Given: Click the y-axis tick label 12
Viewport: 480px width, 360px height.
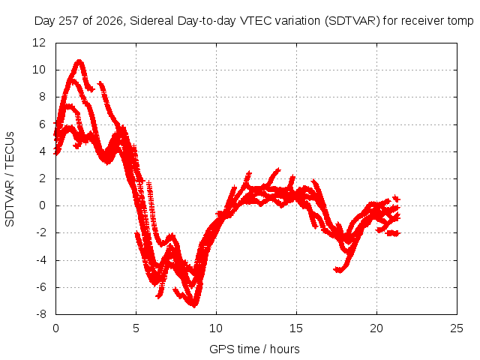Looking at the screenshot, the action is pos(39,43).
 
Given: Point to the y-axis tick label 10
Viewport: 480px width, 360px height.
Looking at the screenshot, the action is pos(39,70).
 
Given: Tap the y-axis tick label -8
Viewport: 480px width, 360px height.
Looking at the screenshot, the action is pos(41,314).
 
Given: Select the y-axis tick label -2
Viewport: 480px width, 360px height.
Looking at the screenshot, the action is pos(41,232).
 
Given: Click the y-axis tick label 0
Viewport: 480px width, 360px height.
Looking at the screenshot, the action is pos(42,205).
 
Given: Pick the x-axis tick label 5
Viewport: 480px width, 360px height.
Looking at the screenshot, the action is pos(136,328).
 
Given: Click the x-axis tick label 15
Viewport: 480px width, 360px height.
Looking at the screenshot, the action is pos(296,328).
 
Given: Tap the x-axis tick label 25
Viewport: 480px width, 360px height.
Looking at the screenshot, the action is pos(457,328).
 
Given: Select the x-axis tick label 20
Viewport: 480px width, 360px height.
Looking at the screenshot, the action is pos(376,328).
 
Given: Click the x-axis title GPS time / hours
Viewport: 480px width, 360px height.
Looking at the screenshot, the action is pos(254,349).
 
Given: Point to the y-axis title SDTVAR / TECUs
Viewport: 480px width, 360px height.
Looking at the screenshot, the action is pos(10,179).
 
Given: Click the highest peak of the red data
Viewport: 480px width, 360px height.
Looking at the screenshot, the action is pos(79,61).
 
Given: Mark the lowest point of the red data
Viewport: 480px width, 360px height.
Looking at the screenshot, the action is pos(194,305).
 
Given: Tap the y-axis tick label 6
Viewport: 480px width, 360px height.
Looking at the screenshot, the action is pos(42,124).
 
